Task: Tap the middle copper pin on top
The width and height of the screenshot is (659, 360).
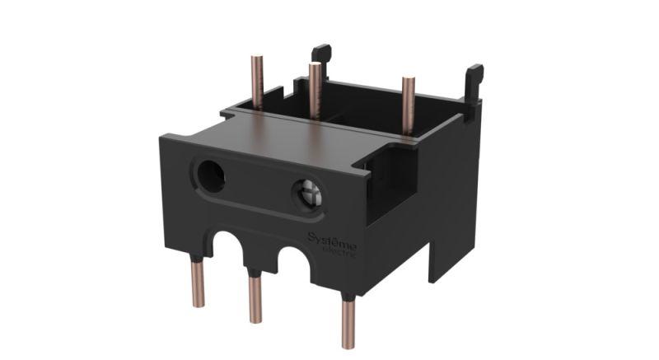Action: point(315,90)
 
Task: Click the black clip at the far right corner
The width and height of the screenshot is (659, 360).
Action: point(474,78)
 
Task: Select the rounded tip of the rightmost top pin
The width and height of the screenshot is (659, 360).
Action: point(407,80)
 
